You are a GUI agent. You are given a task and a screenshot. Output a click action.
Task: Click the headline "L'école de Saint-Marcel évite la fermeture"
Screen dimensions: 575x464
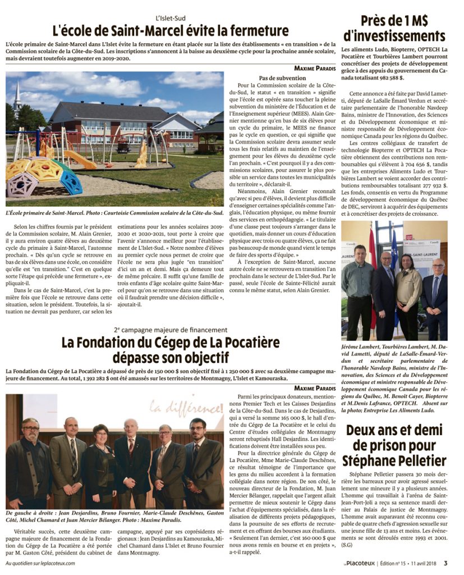(171, 30)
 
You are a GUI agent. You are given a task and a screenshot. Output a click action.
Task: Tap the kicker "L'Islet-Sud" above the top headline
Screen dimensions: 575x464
(170, 18)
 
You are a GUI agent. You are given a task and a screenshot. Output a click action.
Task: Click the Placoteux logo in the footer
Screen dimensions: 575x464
(359, 563)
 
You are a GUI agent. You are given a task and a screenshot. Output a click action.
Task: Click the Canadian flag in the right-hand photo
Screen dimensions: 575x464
(373, 270)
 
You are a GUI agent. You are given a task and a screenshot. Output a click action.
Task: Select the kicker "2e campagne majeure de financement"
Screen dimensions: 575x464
(171, 330)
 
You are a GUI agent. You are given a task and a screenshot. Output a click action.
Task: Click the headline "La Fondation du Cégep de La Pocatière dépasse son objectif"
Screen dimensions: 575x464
(171, 349)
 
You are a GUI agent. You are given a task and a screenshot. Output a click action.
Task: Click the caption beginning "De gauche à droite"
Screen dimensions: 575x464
(112, 517)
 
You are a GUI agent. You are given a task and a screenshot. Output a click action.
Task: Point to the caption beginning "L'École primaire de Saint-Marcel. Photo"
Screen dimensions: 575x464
(115, 213)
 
